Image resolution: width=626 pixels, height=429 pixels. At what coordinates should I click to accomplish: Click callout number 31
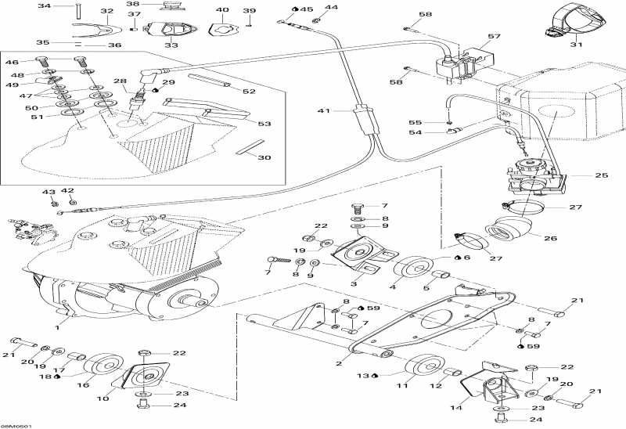(577, 45)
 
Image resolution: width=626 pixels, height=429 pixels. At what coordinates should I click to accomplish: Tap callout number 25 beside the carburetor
(601, 175)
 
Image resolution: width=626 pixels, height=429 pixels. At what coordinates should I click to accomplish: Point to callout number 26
(550, 239)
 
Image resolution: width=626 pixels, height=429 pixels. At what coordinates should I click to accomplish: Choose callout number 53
(264, 124)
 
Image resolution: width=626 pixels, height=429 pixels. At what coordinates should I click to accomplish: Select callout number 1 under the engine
(56, 319)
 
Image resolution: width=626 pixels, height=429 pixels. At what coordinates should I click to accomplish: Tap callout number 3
(354, 283)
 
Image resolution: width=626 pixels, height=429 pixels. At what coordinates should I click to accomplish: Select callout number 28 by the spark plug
(119, 81)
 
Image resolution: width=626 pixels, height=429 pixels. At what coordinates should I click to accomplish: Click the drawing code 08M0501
(16, 426)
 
